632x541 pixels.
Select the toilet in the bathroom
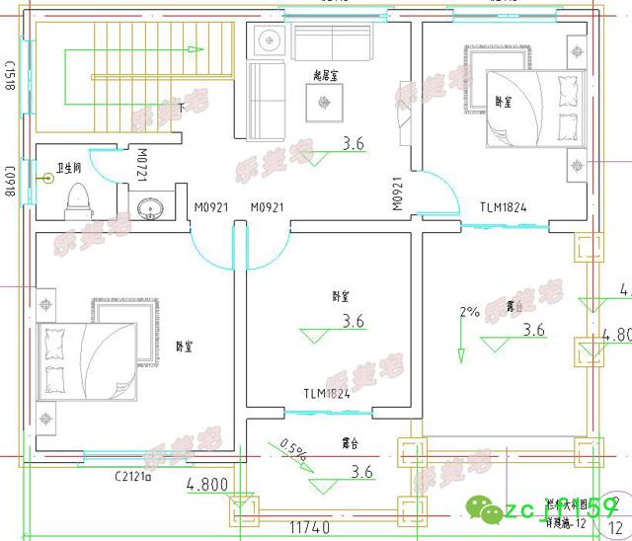(77, 199)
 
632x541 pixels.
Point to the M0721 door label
(142, 165)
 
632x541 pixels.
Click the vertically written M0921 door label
(397, 194)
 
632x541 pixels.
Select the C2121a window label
(131, 477)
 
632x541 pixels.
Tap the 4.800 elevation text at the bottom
(207, 485)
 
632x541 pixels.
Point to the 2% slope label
(469, 313)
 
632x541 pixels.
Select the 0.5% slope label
(293, 450)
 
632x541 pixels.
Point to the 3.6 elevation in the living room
(353, 144)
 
